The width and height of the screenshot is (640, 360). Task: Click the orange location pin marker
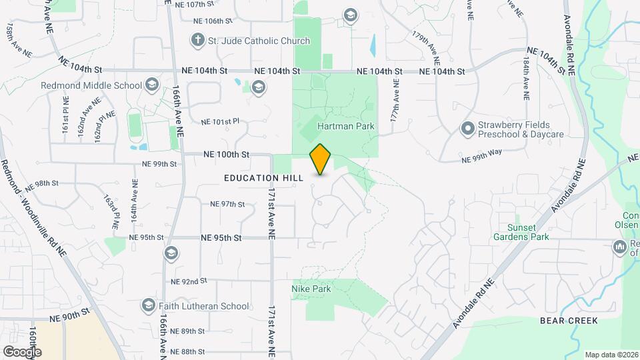click(321, 159)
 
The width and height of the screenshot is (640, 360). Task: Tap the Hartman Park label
click(345, 126)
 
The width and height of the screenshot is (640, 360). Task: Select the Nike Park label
click(311, 289)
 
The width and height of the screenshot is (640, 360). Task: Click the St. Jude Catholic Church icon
click(197, 41)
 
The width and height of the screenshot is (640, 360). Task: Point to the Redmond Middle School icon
click(151, 85)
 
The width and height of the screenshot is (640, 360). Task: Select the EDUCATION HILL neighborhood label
click(264, 178)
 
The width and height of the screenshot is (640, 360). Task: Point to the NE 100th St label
click(227, 154)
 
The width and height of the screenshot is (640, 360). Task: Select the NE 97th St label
click(227, 204)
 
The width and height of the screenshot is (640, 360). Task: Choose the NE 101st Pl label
click(219, 122)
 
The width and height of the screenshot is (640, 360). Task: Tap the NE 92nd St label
click(189, 281)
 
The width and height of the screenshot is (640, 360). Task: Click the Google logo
click(22, 351)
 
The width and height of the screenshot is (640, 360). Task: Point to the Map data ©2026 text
click(611, 355)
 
